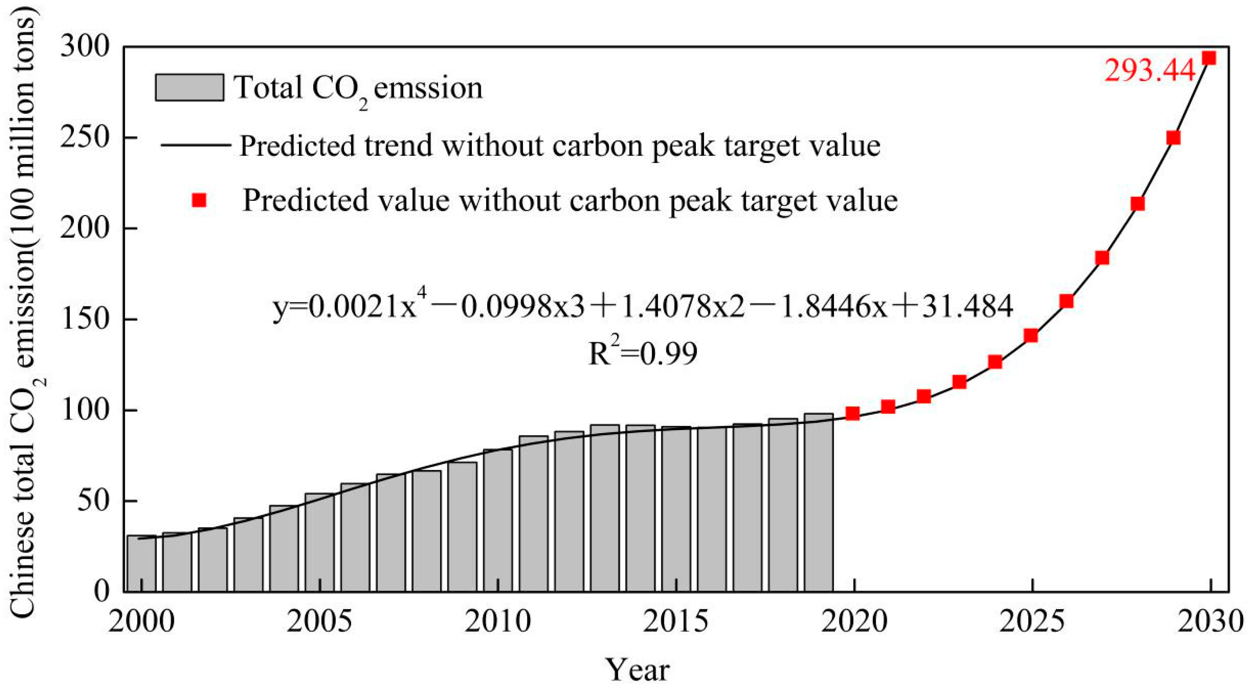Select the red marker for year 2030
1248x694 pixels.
click(x=1210, y=58)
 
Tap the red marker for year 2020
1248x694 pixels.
click(x=853, y=413)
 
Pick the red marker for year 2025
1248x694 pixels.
click(x=1031, y=336)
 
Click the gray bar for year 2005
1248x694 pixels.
click(x=320, y=543)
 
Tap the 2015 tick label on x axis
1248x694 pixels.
click(x=676, y=622)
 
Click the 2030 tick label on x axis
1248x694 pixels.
click(x=1210, y=622)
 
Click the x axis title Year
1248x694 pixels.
click(x=638, y=671)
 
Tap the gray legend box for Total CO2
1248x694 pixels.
click(x=189, y=88)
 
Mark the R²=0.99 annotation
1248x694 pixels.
click(x=643, y=354)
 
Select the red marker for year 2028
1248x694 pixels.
click(x=1138, y=203)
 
